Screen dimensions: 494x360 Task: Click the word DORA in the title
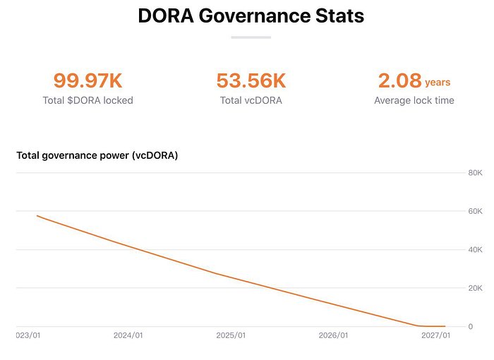point(166,16)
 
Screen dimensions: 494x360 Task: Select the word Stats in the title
point(339,16)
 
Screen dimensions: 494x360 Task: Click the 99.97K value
point(88,80)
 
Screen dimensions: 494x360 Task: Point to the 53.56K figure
point(251,80)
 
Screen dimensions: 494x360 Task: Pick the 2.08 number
point(400,80)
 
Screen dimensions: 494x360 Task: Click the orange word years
point(438,83)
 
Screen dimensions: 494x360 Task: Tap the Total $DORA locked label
point(88,100)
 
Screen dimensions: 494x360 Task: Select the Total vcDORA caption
point(251,100)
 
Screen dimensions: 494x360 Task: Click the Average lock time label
point(414,100)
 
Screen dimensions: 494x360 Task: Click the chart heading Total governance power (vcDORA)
point(97,155)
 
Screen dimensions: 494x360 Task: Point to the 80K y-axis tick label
point(475,173)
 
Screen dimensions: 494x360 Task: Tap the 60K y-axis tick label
point(475,211)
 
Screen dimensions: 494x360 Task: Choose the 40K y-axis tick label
point(475,250)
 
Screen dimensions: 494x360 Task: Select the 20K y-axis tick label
point(475,288)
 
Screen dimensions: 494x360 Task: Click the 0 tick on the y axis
point(471,327)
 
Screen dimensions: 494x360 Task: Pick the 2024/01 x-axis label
point(128,335)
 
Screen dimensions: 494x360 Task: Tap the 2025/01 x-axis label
point(231,335)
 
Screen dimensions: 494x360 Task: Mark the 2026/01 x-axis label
point(333,335)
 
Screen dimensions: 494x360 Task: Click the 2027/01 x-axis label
point(436,335)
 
